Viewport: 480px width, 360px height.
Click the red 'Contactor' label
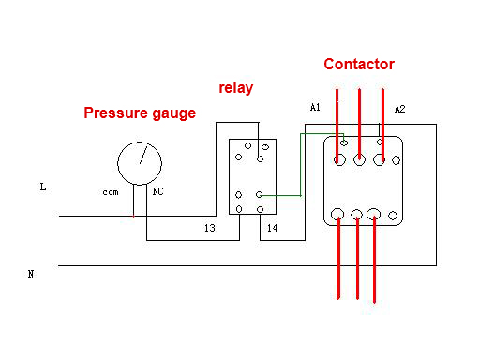(x=359, y=65)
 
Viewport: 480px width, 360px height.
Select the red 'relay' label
(x=236, y=88)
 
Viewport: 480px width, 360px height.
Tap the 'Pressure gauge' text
(x=140, y=113)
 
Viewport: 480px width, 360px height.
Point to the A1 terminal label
(x=315, y=108)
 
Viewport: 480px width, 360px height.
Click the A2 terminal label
(x=399, y=109)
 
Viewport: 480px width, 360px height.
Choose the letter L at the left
(x=42, y=187)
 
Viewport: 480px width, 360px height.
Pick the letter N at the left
(x=31, y=274)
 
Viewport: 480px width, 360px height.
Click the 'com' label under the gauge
(x=111, y=191)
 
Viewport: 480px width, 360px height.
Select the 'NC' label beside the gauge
(x=158, y=191)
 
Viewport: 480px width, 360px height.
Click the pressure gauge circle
(x=140, y=162)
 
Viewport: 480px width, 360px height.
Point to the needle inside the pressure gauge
(x=142, y=156)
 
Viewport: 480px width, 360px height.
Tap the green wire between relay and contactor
(x=300, y=164)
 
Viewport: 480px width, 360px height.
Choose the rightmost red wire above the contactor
(x=382, y=117)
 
